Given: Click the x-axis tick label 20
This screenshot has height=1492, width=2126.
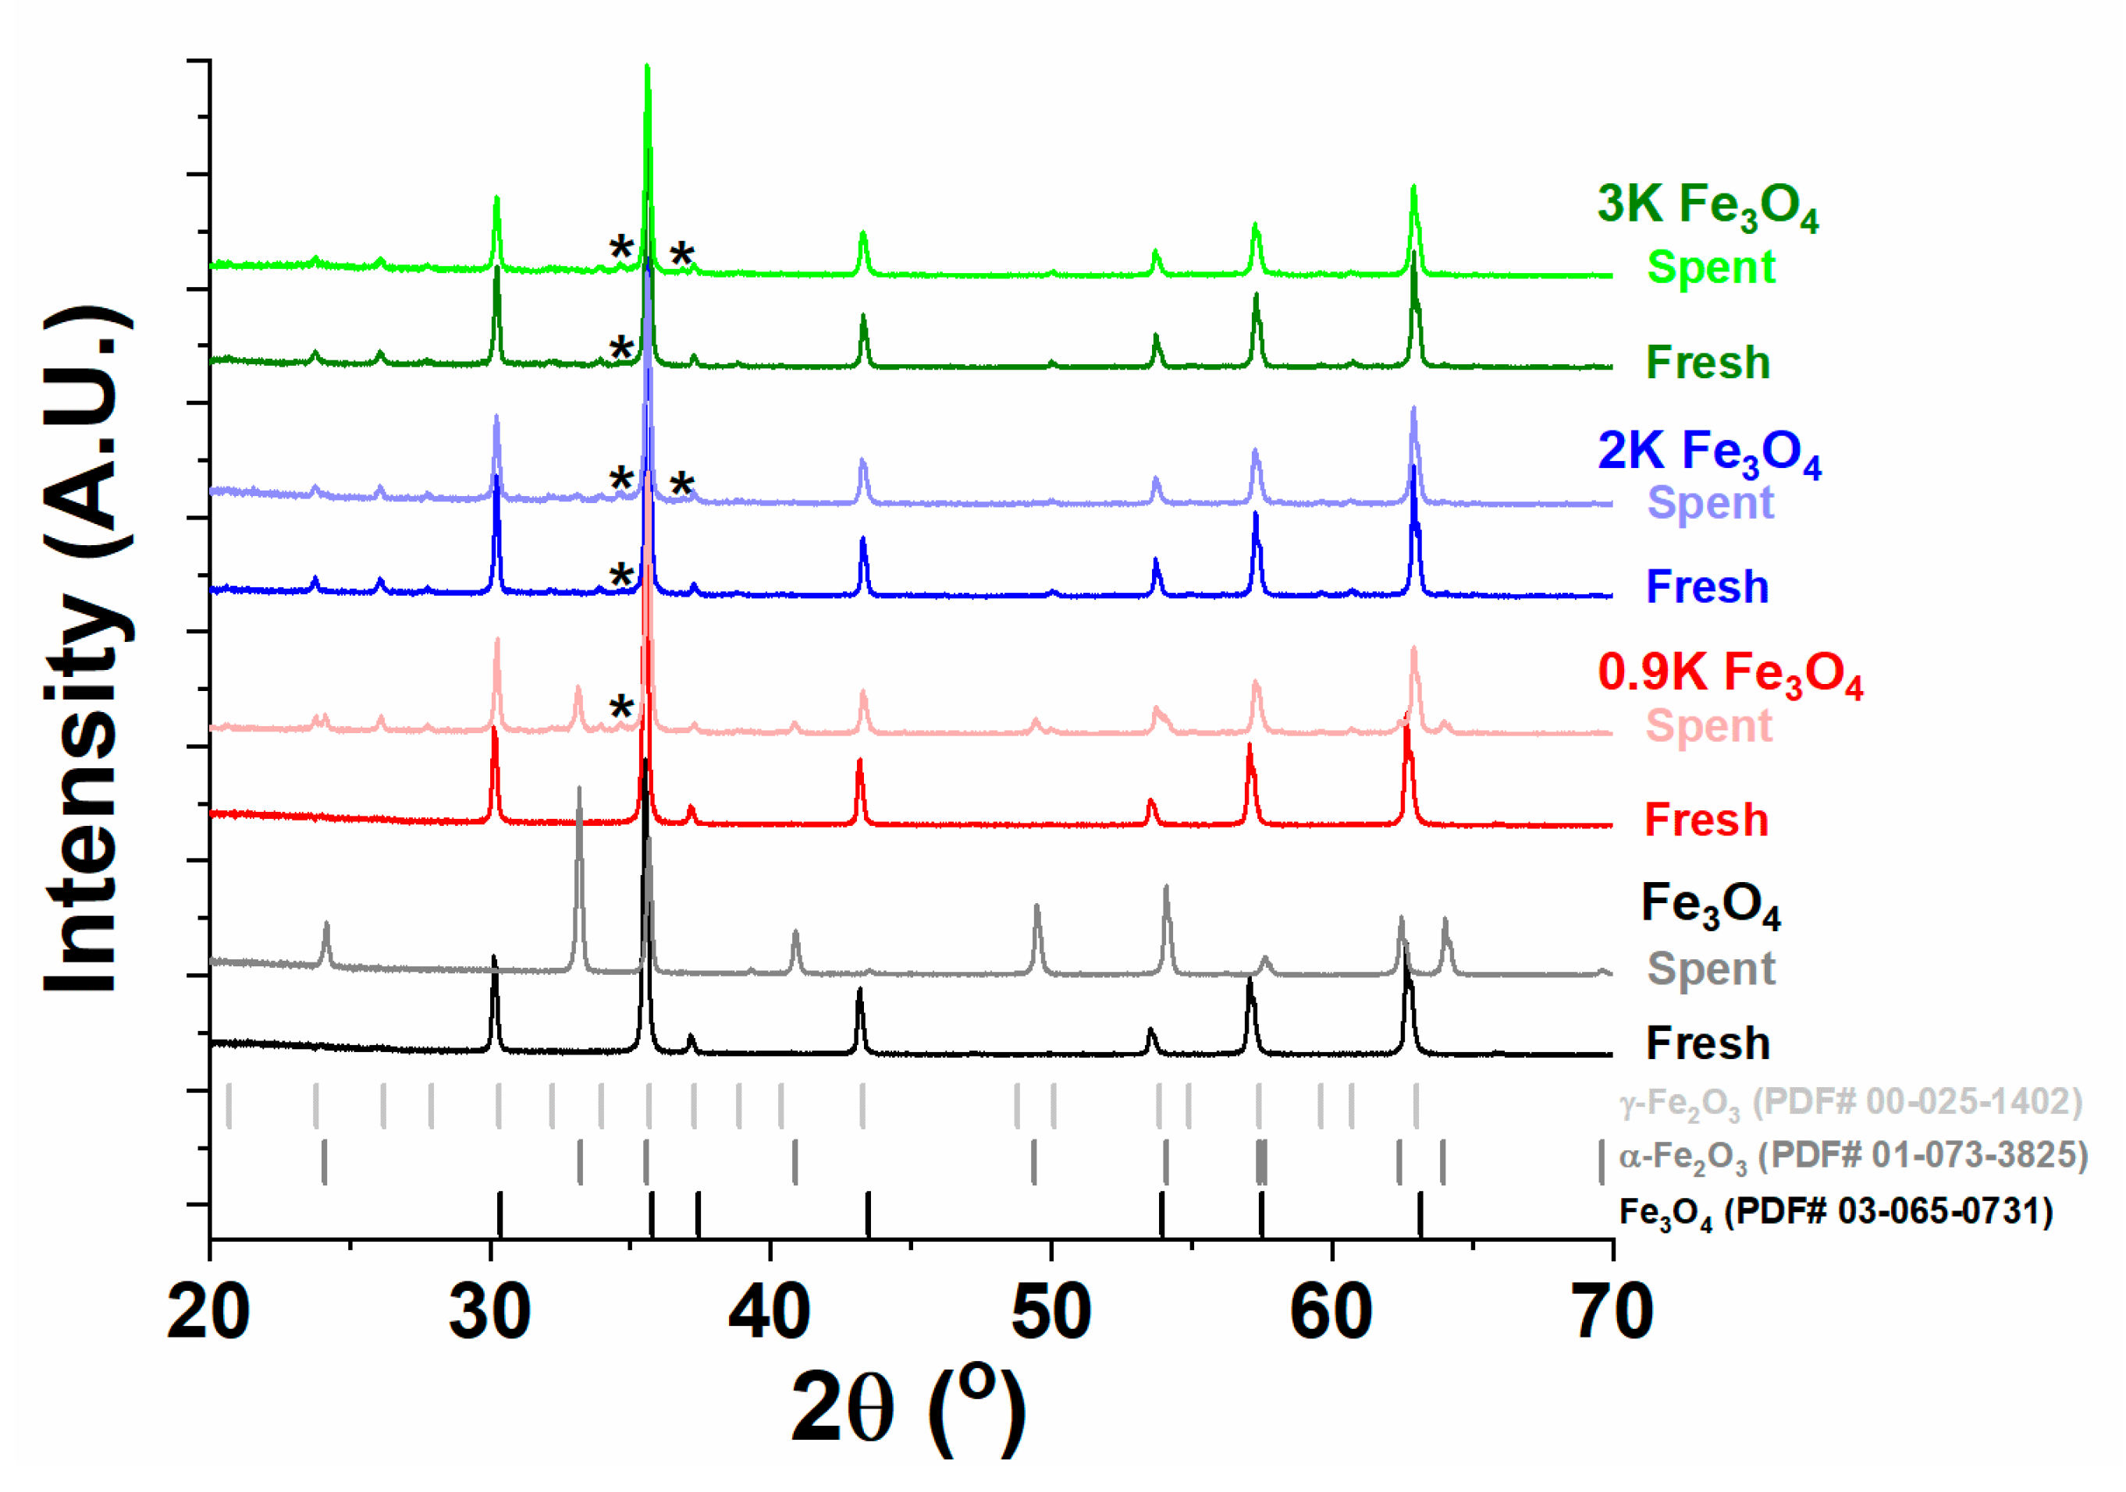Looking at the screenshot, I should [209, 1313].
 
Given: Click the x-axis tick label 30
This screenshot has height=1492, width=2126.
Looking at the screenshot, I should [491, 1313].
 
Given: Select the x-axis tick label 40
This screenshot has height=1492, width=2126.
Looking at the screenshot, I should [770, 1313].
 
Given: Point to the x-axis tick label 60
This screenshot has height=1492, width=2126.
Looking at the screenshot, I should [1331, 1313].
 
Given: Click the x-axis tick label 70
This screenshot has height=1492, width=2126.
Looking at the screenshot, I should [1613, 1313].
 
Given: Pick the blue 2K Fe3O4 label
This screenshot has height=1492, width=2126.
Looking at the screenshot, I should [1709, 452].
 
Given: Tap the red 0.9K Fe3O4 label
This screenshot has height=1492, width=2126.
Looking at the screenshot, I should [1730, 673].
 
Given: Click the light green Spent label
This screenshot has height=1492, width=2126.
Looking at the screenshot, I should [1711, 268].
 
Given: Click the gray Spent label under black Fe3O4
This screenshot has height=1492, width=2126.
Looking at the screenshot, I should [1711, 969].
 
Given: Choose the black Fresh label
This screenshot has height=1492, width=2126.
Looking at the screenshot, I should [1708, 1043].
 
